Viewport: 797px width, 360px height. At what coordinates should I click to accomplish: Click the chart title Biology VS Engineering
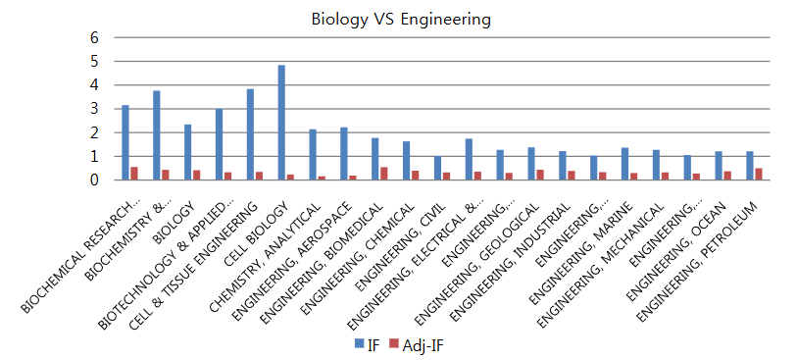point(400,19)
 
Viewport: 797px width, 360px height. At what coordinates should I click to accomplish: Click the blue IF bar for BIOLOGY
point(187,152)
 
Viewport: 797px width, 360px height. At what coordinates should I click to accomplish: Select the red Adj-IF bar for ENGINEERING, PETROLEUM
point(759,174)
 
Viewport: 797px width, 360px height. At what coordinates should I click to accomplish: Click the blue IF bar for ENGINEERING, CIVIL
point(437,168)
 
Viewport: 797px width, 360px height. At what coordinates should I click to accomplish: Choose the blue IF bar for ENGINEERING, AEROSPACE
point(344,154)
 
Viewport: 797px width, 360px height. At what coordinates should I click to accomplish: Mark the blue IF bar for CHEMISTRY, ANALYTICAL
point(313,155)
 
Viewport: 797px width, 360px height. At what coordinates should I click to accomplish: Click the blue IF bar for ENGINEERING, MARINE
point(624,164)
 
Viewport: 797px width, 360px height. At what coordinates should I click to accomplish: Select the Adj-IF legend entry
point(416,344)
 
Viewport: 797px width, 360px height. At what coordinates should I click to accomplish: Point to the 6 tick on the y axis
point(95,37)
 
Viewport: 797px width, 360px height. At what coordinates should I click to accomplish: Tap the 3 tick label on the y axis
point(95,109)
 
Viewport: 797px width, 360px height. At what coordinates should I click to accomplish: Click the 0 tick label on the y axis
point(95,180)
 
